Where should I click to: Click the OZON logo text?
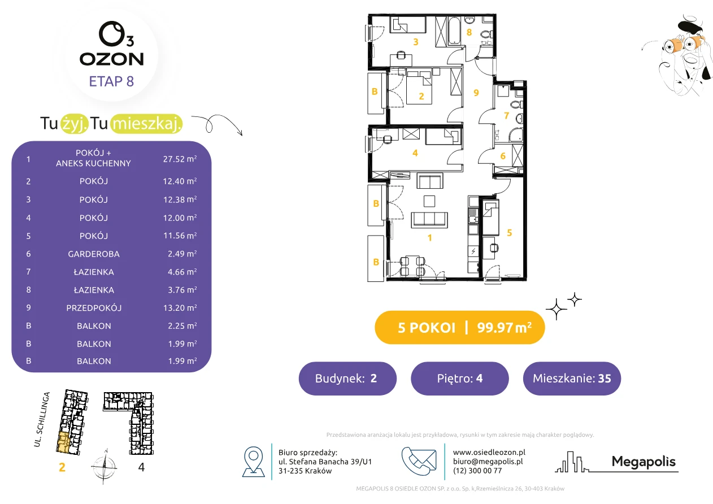click(111, 59)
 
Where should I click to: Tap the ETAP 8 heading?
click(111, 81)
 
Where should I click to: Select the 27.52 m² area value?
click(180, 159)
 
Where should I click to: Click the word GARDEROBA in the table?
click(94, 254)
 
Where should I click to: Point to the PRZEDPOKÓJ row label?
click(94, 308)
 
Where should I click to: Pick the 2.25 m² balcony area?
click(182, 325)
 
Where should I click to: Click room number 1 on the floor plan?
click(430, 237)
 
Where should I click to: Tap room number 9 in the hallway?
click(476, 93)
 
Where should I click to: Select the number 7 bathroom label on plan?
click(506, 116)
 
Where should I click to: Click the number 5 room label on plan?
click(509, 233)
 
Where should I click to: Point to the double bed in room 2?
click(419, 88)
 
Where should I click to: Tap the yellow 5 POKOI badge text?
click(427, 328)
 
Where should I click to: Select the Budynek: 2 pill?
click(347, 378)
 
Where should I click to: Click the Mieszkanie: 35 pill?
click(572, 378)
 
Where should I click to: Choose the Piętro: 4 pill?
click(460, 378)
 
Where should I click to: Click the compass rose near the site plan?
click(104, 467)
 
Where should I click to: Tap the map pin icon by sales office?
click(253, 461)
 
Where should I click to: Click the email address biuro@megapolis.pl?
click(488, 461)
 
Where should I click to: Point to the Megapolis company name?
click(644, 462)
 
